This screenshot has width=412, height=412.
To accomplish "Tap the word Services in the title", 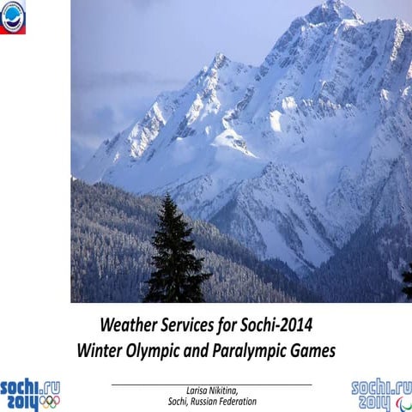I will click(199, 325).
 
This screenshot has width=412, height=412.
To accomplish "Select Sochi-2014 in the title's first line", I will click(277, 325).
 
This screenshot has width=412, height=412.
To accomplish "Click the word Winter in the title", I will click(101, 350).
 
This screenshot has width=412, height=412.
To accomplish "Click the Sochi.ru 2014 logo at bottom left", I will click(30, 394).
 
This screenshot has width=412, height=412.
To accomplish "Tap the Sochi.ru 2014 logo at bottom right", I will click(381, 394).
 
